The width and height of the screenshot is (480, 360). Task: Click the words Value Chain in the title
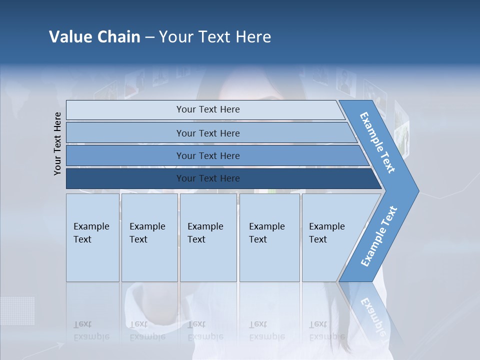pos(94,37)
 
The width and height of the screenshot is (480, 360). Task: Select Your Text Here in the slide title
pos(215,37)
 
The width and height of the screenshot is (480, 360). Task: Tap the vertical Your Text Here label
pos(57,143)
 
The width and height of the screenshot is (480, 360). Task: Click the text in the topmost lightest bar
pos(208,109)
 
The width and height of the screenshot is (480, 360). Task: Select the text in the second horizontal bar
pos(208,133)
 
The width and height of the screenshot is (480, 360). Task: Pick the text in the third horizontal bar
pos(208,156)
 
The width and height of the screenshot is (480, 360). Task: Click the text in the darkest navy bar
pos(208,178)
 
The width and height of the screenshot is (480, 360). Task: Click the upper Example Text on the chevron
pos(377,142)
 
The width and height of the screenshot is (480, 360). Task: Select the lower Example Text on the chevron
pos(379,236)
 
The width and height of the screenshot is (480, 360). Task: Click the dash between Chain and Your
pos(149,37)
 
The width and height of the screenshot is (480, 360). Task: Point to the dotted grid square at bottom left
pos(17,310)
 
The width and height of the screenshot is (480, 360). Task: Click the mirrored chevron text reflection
pos(372,315)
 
